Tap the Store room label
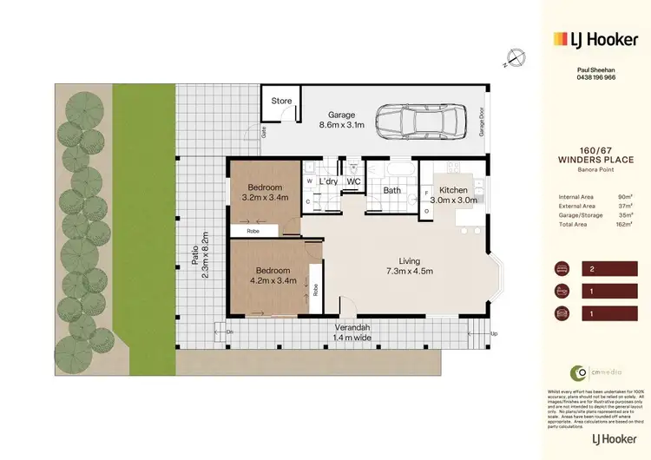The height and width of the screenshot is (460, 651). pos(281,102)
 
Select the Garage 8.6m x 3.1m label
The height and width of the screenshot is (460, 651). pos(344,121)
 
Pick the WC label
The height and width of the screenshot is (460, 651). pos(353,181)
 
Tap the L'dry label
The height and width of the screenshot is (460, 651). pos(327,181)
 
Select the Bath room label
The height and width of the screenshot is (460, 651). pos(391,190)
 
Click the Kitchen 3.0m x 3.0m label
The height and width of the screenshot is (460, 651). pos(453,196)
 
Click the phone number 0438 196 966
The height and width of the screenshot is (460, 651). pos(596,77)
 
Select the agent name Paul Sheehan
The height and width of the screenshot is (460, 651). pos(596,69)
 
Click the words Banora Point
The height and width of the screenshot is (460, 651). pos(596,168)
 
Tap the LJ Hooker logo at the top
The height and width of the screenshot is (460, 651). pos(596,38)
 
